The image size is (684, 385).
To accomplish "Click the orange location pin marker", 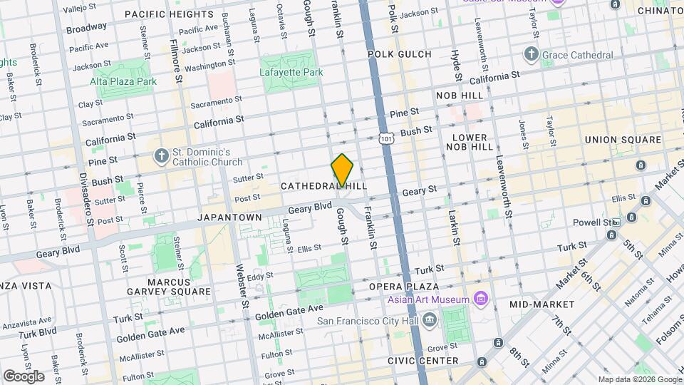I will coord(343,170).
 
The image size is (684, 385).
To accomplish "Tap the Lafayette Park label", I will coord(291,72).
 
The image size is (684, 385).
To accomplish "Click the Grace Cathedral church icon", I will coord(531,55).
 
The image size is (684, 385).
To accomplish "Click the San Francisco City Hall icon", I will coord(429,320).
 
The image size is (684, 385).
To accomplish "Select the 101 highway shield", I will coord(385,135).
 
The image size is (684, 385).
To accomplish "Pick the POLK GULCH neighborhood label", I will coord(400,54).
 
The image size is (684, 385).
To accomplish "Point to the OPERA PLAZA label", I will coord(402,286).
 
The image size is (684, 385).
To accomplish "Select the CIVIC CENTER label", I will coord(423,361).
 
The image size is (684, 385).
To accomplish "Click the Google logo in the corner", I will coord(24,376).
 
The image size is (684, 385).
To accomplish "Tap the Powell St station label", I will coord(590,222).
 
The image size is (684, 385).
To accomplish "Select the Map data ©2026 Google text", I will coord(639,379).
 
